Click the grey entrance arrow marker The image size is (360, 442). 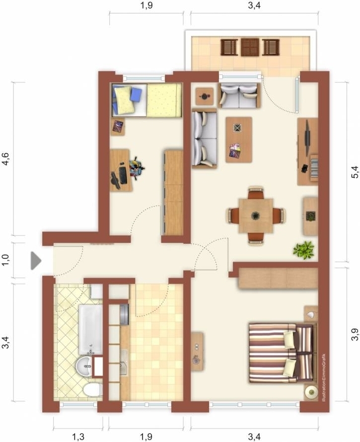36,260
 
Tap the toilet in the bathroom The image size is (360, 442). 92,390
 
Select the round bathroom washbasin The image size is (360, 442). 84,366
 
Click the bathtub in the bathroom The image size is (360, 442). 90,330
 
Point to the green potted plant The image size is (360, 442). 303,249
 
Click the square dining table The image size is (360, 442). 256,216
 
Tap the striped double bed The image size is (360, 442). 281,353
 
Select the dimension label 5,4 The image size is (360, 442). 355,172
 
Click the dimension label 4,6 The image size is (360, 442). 6,159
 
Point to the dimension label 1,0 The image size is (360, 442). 6,260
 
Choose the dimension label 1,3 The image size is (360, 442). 78,437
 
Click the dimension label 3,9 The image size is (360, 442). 355,334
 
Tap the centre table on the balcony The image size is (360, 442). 250,47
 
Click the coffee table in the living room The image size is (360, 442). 239,140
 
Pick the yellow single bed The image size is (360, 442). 146,100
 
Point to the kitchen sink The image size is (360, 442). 124,363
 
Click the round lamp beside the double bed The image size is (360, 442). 311,391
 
